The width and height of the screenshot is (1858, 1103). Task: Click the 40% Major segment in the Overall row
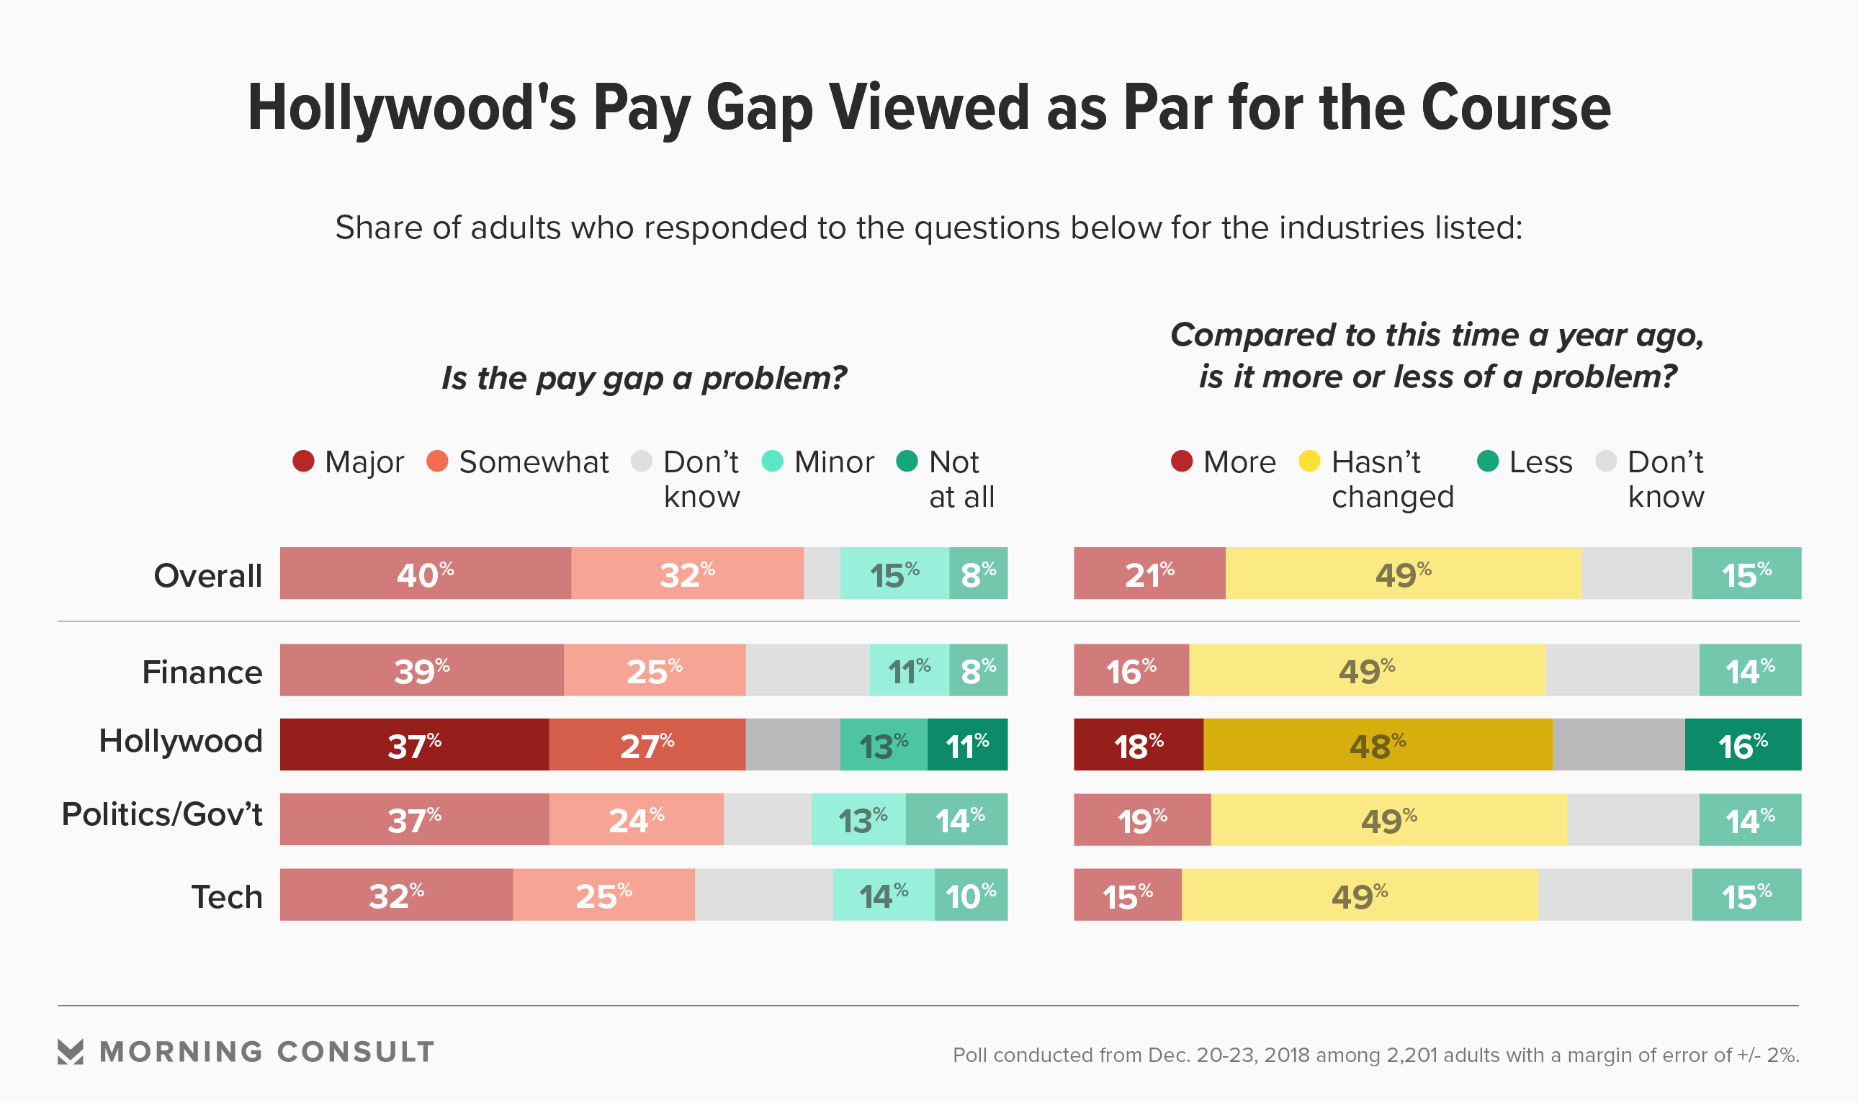click(x=425, y=573)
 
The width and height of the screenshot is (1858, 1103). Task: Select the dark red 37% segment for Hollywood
click(x=414, y=744)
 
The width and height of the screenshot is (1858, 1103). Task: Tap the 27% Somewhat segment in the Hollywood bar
click(x=647, y=744)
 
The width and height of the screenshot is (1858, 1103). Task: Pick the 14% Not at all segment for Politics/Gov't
click(x=956, y=819)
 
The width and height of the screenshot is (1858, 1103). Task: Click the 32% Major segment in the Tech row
click(x=396, y=894)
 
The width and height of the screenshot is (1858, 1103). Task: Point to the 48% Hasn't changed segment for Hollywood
click(x=1377, y=744)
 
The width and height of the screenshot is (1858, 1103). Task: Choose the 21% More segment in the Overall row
click(x=1149, y=573)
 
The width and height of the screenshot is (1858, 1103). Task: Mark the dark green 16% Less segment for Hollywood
click(x=1742, y=744)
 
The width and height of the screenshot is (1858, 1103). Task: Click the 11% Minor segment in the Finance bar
click(x=909, y=670)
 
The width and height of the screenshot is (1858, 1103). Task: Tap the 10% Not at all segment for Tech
click(x=971, y=894)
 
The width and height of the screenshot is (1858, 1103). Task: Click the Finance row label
click(x=202, y=672)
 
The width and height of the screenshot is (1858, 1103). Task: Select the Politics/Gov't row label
click(x=162, y=814)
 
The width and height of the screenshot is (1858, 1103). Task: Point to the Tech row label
click(x=227, y=896)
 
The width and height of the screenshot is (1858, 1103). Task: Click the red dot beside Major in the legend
click(x=303, y=461)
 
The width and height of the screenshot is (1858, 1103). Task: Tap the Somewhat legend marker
click(x=437, y=461)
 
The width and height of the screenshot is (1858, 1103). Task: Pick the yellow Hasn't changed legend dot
click(x=1309, y=461)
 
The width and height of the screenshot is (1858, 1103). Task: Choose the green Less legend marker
click(x=1487, y=461)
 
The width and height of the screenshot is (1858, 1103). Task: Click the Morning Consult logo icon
click(x=71, y=1052)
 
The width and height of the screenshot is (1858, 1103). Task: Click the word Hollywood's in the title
click(x=411, y=108)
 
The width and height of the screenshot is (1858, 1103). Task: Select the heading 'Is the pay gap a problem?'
click(x=644, y=377)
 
